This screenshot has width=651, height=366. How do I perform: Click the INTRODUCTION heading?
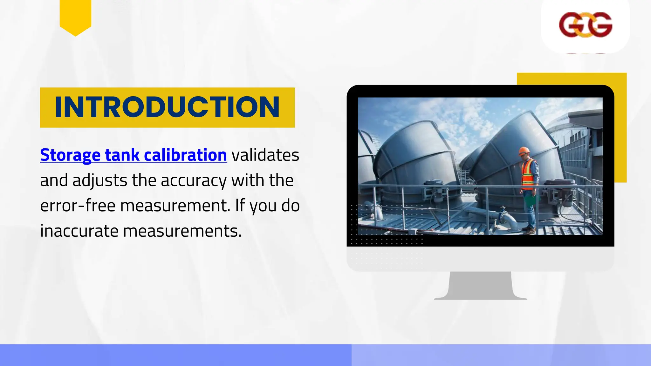(167, 107)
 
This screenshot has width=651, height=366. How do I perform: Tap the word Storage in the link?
(70, 155)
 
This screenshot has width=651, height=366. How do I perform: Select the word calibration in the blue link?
(185, 155)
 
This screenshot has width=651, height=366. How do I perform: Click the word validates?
(265, 155)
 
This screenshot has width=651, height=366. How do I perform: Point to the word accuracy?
(194, 181)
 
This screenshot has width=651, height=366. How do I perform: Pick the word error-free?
(78, 206)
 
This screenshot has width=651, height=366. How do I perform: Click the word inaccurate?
(79, 231)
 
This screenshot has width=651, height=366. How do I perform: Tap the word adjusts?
(102, 181)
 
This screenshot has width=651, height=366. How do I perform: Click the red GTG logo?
(586, 25)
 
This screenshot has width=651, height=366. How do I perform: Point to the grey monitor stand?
(480, 286)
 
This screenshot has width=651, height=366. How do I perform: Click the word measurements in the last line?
(182, 231)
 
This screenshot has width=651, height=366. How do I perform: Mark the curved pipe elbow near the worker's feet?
(509, 219)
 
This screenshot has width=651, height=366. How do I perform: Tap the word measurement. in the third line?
(175, 206)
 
